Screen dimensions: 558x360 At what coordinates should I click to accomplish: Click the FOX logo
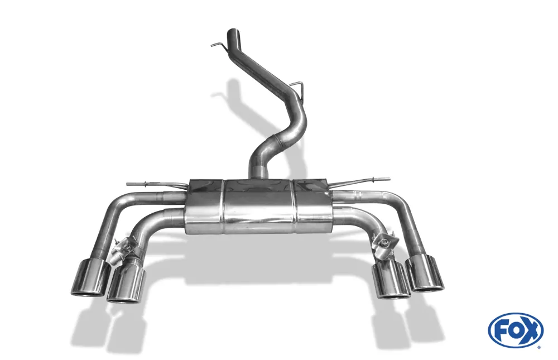coord(516,330)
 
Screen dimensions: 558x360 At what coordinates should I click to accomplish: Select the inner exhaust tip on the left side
coord(127,284)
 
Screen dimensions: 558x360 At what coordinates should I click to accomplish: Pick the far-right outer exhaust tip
coord(425,274)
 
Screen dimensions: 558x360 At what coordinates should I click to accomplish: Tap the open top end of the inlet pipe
coord(233,30)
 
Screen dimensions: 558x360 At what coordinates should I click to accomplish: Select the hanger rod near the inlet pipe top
coord(219,45)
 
